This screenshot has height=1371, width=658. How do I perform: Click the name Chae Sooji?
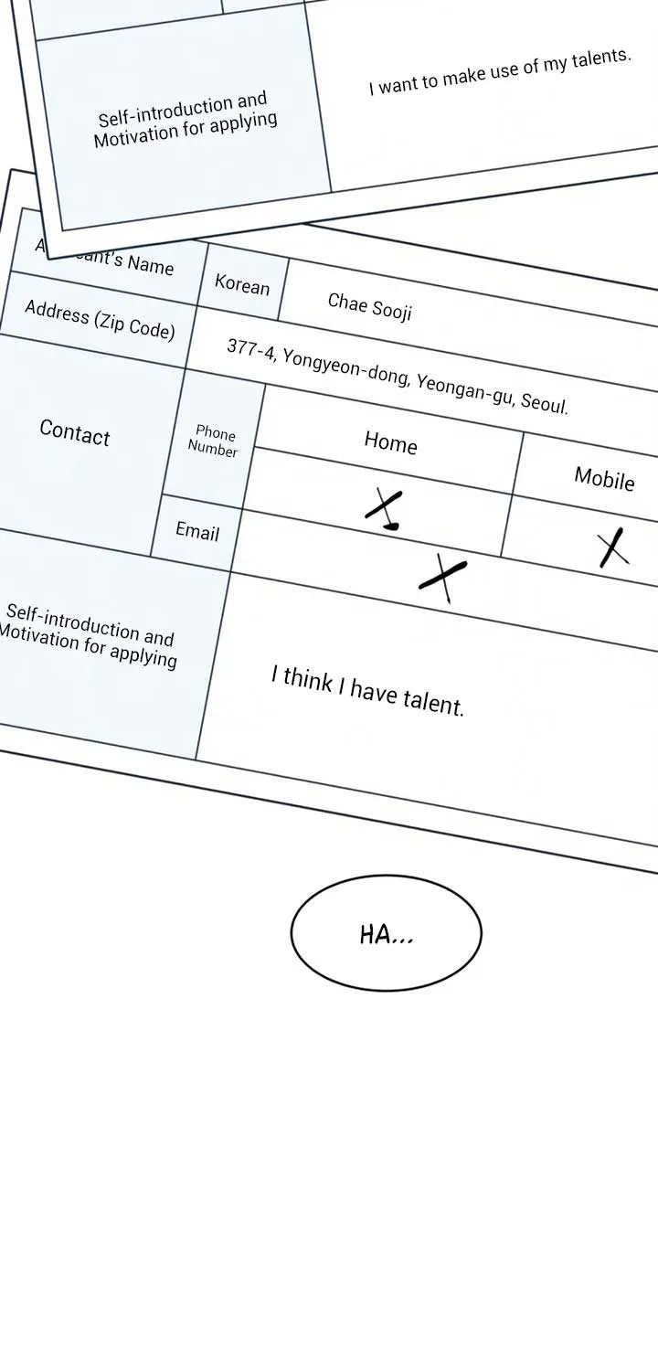(370, 306)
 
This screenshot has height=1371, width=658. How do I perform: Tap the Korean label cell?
(242, 283)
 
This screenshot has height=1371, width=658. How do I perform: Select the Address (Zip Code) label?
(100, 320)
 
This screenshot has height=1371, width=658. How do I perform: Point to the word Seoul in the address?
(545, 403)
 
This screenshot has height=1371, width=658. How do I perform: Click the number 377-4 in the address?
(250, 349)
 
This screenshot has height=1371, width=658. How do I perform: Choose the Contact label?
(75, 432)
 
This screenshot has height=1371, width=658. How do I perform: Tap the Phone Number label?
(213, 441)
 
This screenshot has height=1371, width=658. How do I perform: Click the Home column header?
(390, 442)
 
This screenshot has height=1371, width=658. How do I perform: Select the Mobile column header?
(604, 478)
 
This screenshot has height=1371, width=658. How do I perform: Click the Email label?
(197, 531)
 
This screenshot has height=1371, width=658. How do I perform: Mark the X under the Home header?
(384, 508)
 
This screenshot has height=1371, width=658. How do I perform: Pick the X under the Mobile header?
(614, 547)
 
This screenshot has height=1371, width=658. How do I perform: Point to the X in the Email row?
(442, 577)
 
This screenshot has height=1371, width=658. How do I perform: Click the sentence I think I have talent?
(367, 692)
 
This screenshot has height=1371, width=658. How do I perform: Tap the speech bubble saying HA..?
(387, 933)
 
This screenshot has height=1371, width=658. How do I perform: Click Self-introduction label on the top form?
(185, 120)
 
